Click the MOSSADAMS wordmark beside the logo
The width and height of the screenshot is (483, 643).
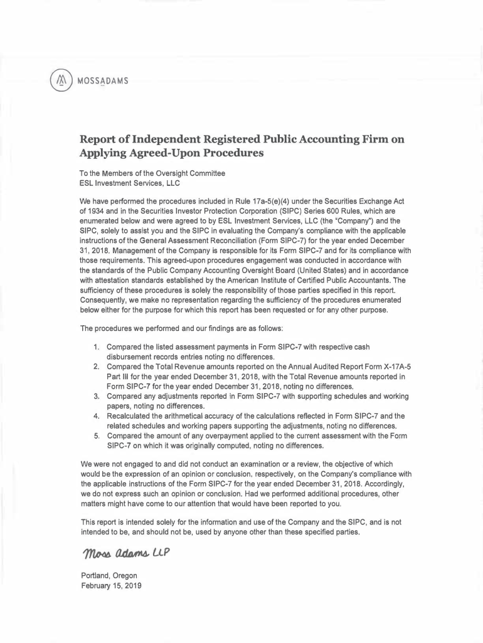103,81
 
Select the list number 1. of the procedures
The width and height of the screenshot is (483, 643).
97,347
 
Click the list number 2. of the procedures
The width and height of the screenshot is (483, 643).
97,367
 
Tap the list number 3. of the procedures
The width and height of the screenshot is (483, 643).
97,396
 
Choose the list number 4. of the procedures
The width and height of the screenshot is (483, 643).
97,416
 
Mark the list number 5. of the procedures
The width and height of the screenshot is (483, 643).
97,436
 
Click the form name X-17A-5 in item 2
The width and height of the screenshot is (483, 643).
393,367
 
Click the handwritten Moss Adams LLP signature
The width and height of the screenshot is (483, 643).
125,554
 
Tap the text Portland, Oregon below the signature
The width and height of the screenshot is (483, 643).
109,575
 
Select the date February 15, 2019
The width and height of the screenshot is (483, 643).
111,585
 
